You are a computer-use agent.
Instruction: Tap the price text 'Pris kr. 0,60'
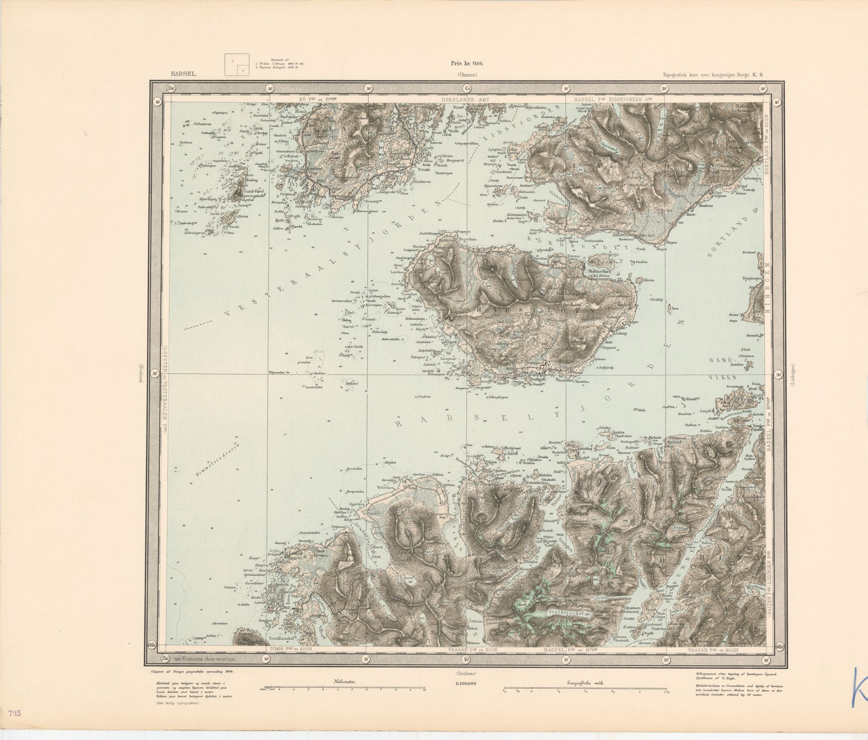(467, 63)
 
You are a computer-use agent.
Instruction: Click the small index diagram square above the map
(237, 65)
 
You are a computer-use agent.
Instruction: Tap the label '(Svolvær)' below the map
(467, 673)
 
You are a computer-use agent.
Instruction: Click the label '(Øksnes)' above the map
(467, 75)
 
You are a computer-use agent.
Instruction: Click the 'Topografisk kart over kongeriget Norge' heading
(712, 75)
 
